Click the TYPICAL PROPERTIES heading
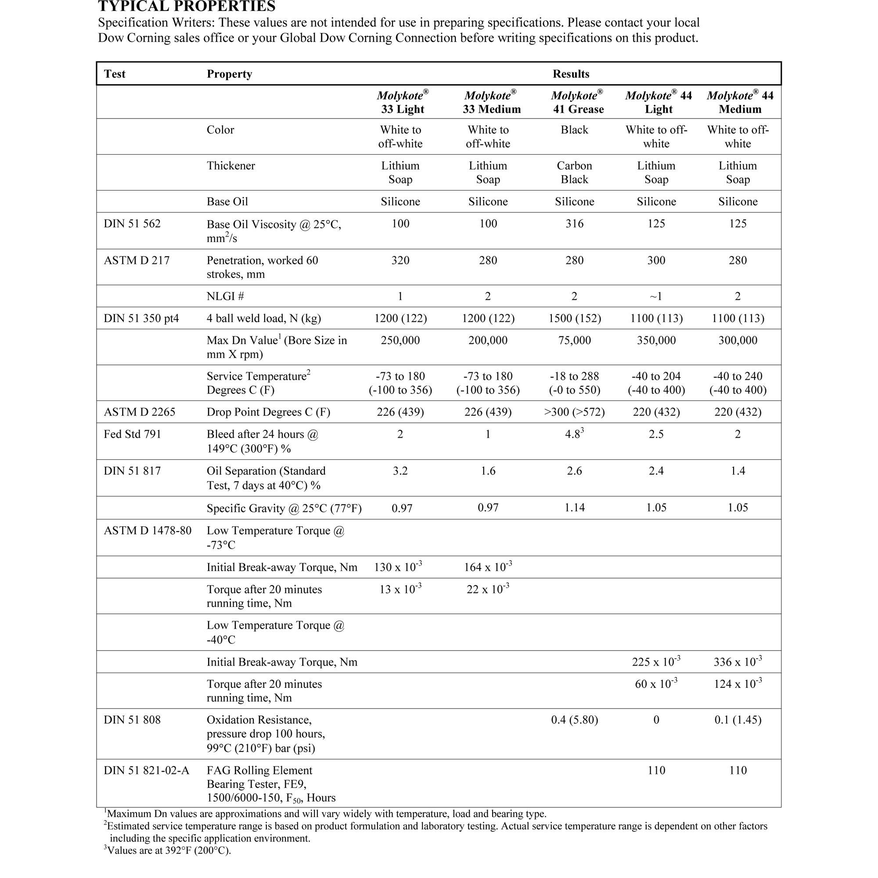click(186, 6)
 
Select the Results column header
click(571, 74)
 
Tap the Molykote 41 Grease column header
click(578, 102)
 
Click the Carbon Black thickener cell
click(574, 172)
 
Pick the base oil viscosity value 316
click(574, 223)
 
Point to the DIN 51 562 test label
click(132, 223)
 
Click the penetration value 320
click(400, 260)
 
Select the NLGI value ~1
click(656, 296)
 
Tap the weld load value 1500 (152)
click(574, 318)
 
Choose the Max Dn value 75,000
click(574, 340)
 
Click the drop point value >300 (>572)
click(574, 412)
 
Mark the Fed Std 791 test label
click(132, 435)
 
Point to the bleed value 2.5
click(656, 435)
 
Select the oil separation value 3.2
click(400, 471)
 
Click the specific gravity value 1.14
click(574, 507)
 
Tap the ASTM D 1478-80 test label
click(147, 531)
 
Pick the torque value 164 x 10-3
click(488, 567)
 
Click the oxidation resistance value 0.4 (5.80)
click(574, 720)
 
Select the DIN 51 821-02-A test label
click(146, 770)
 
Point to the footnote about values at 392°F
click(168, 850)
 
